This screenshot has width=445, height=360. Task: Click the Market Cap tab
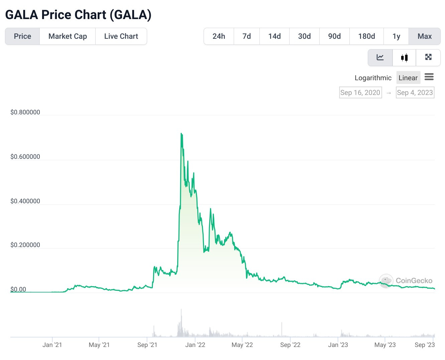tap(68, 36)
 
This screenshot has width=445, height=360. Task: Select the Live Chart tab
tap(121, 36)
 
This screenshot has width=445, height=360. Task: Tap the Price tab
tap(22, 36)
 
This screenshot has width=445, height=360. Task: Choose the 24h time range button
tap(219, 36)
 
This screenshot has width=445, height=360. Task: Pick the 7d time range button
tap(247, 36)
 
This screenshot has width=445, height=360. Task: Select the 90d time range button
tap(334, 36)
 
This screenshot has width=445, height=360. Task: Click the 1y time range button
tap(396, 36)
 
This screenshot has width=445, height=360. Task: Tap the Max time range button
tap(425, 36)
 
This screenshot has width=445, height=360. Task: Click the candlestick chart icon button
tap(404, 57)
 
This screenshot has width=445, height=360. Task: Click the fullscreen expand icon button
tap(428, 57)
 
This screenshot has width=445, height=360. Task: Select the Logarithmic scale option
tap(373, 78)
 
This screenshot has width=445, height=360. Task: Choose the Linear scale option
tap(408, 78)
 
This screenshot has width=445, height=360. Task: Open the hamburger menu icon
tap(429, 77)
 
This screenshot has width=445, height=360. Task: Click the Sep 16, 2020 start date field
tap(360, 93)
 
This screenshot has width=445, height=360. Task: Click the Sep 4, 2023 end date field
tap(415, 93)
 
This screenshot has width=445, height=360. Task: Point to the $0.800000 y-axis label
tap(25, 112)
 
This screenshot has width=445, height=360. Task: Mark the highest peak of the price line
tap(181, 133)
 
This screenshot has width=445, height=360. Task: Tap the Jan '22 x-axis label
tap(195, 345)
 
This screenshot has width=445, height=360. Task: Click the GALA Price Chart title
tap(78, 15)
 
